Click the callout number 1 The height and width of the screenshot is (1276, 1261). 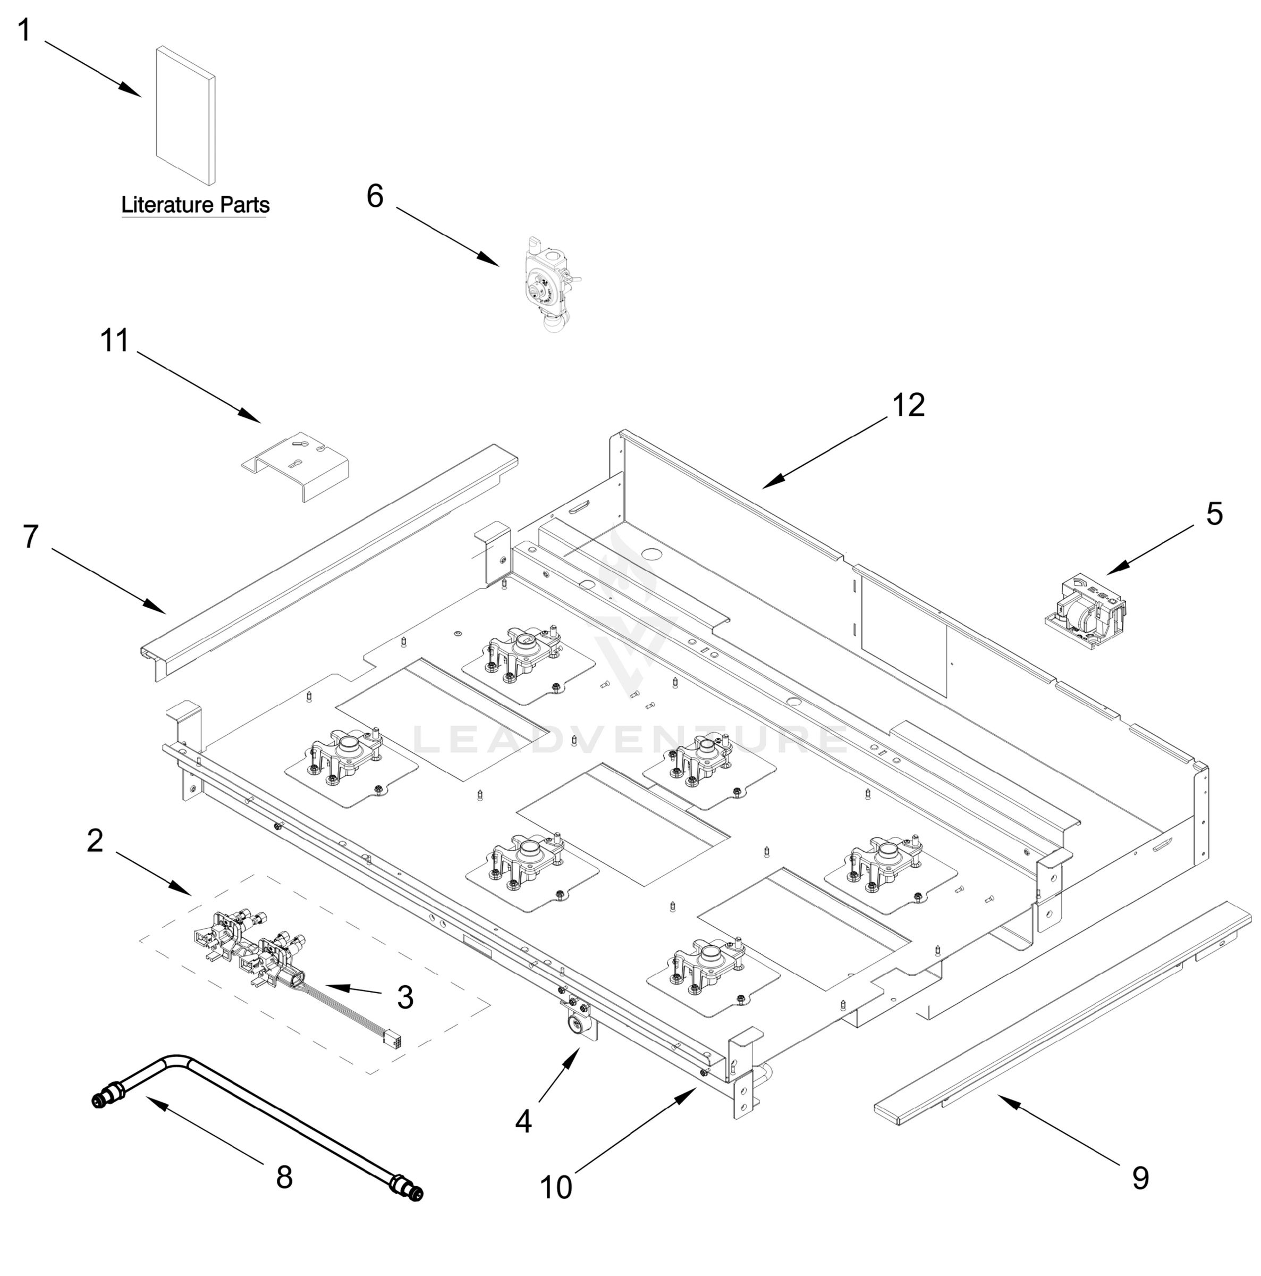pyautogui.click(x=24, y=31)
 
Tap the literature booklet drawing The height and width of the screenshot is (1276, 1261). pyautogui.click(x=185, y=115)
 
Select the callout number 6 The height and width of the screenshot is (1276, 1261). pyautogui.click(x=375, y=196)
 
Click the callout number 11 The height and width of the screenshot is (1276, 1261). pyautogui.click(x=115, y=341)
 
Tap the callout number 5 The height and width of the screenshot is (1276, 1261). pyautogui.click(x=1214, y=513)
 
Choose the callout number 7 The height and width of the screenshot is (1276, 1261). pyautogui.click(x=30, y=536)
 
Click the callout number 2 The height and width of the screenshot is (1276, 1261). pyautogui.click(x=95, y=841)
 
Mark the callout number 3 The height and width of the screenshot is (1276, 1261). pyautogui.click(x=405, y=997)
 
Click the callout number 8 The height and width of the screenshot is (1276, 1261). pyautogui.click(x=284, y=1177)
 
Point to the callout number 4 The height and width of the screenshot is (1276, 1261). pyautogui.click(x=523, y=1121)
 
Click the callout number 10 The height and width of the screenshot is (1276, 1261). pyautogui.click(x=556, y=1187)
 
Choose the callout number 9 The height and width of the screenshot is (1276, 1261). pyautogui.click(x=1140, y=1178)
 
